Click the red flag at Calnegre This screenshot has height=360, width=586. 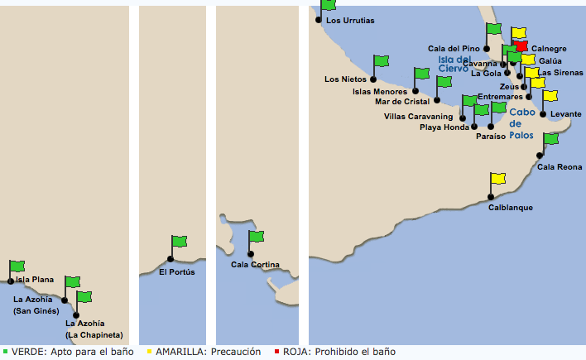click(x=521, y=46)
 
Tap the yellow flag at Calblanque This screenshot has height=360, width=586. click(x=498, y=178)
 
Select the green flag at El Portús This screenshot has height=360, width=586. click(x=180, y=241)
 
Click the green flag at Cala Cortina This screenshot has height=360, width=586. click(x=257, y=236)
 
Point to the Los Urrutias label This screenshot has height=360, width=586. click(x=350, y=21)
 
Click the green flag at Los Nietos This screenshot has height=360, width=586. click(x=382, y=61)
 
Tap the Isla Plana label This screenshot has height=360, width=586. click(x=35, y=280)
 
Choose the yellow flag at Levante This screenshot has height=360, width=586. click(x=550, y=96)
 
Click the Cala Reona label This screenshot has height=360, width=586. click(x=560, y=167)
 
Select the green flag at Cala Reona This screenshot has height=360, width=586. click(x=551, y=139)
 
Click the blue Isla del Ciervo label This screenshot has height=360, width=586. click(x=454, y=64)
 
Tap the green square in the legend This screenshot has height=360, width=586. click(x=5, y=352)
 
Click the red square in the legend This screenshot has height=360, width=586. click(x=276, y=352)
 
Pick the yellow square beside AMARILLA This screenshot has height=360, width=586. click(x=150, y=352)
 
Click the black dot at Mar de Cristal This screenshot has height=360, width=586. click(x=437, y=100)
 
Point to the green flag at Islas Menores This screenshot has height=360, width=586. click(x=422, y=74)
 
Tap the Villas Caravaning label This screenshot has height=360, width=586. click(x=418, y=117)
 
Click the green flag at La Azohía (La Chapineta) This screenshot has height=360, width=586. click(x=84, y=297)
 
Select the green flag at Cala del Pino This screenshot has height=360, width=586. click(x=494, y=29)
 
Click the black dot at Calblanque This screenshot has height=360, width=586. click(x=491, y=197)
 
